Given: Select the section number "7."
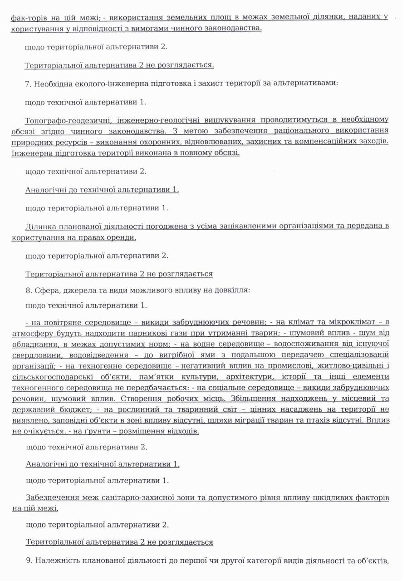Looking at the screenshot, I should pos(28,84).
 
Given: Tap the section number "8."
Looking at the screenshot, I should pos(28,290).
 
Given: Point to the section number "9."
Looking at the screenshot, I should pos(28,561).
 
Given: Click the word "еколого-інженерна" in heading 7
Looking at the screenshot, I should pos(102,84).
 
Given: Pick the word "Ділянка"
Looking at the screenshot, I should pos(40,226).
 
